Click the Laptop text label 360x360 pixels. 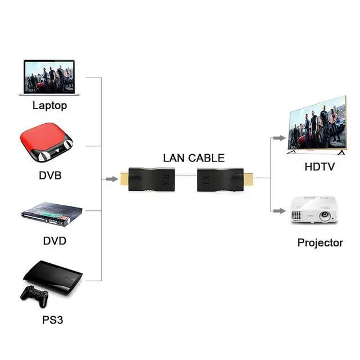click(49, 106)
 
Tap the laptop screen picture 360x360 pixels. click(49, 76)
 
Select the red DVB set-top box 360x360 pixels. click(46, 142)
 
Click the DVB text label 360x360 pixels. click(50, 175)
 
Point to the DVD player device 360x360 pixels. click(52, 214)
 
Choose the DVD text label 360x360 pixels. click(55, 241)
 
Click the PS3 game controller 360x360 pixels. click(35, 295)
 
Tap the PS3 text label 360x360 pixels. click(52, 320)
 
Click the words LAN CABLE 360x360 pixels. click(193, 158)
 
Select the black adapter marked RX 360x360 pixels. click(151, 179)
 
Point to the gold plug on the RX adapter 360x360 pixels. click(124, 179)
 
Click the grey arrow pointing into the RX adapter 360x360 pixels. click(112, 179)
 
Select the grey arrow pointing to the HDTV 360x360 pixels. click(280, 138)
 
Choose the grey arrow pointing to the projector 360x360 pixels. click(280, 211)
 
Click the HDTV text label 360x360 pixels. click(319, 166)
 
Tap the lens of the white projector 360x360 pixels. click(325, 215)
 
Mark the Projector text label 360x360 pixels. click(320, 243)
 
